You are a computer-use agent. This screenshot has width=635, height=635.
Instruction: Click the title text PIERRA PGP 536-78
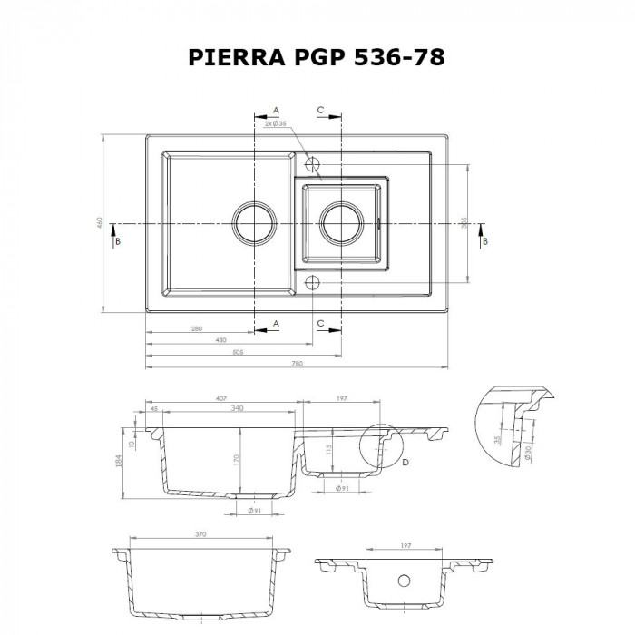317,59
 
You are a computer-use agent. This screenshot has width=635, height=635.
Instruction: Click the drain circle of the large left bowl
251,222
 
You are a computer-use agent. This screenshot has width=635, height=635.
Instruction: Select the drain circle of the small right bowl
341,222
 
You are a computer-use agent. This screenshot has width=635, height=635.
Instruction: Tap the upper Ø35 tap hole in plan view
313,165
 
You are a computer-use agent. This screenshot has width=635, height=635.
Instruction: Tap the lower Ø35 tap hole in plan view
313,282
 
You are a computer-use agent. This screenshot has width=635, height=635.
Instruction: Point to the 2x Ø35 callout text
275,123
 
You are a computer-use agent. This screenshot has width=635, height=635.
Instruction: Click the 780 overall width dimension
296,363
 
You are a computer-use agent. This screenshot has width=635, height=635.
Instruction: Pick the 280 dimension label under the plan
197,327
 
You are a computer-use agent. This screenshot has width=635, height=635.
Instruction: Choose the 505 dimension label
239,351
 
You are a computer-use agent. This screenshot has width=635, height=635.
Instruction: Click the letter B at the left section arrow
115,241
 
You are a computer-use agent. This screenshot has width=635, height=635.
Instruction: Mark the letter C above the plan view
320,110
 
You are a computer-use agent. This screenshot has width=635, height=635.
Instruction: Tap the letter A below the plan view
276,322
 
